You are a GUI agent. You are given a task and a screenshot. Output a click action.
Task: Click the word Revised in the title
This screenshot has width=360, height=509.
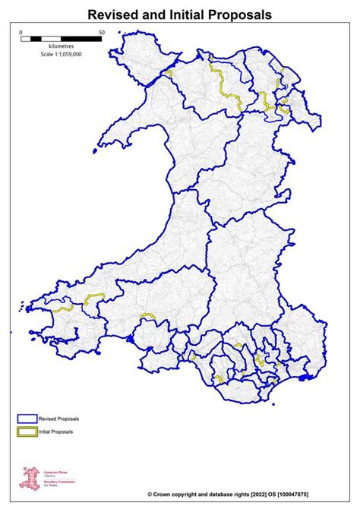[114, 14]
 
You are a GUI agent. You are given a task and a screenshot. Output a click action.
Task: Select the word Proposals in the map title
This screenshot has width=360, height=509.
[238, 14]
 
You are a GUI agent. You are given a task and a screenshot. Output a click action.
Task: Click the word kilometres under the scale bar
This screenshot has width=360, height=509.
[62, 46]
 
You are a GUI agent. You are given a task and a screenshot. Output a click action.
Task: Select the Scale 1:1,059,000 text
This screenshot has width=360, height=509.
[62, 55]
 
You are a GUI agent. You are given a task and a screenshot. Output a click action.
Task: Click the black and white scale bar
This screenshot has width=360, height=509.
[62, 38]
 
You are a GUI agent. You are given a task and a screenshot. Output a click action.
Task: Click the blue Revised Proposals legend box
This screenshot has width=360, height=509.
[27, 419]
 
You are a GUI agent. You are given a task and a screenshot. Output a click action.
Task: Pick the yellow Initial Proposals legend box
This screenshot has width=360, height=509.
[27, 433]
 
